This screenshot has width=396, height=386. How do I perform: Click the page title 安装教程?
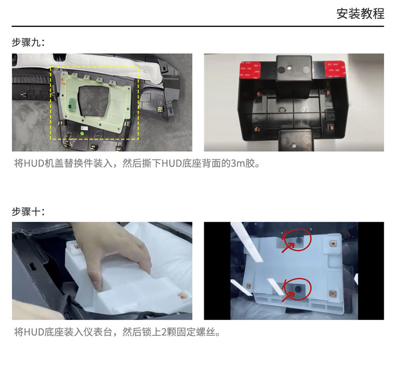[361, 14]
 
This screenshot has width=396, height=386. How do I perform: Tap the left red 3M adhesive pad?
[250, 70]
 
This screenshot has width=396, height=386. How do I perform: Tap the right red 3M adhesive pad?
[335, 69]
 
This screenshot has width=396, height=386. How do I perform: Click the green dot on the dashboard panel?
[82, 133]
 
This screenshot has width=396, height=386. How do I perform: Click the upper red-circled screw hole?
[299, 240]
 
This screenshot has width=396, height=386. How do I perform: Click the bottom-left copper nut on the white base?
[249, 286]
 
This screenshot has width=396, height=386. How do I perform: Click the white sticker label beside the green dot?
[84, 128]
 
